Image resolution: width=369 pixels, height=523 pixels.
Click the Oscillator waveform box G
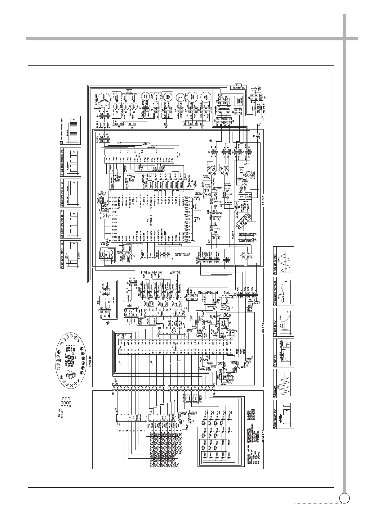283,384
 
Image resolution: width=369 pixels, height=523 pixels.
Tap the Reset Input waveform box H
283,353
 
